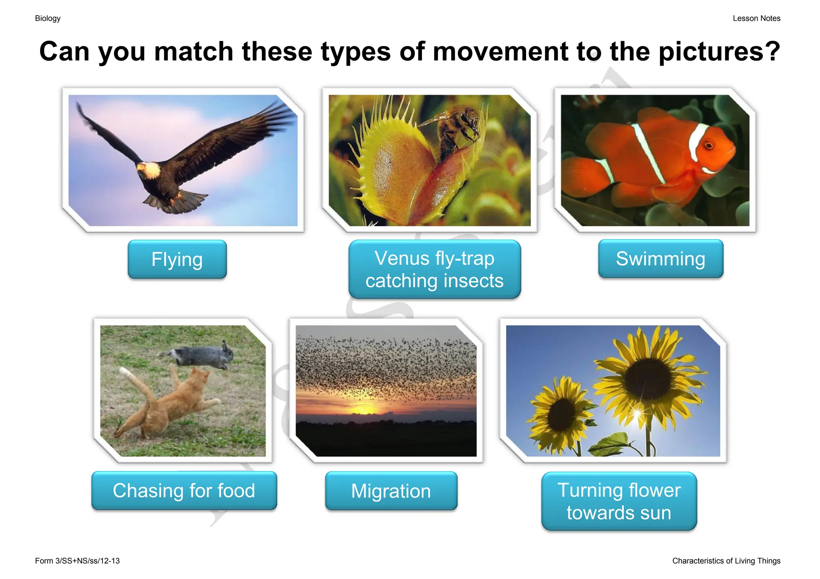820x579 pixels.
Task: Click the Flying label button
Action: pyautogui.click(x=177, y=259)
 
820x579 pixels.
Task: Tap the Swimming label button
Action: pyautogui.click(x=661, y=259)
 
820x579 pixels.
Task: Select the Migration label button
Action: pyautogui.click(x=391, y=491)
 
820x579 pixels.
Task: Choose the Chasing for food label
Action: pyautogui.click(x=184, y=490)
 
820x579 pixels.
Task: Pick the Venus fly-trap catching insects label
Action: pyautogui.click(x=434, y=269)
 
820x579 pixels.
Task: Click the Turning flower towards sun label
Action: pyautogui.click(x=619, y=501)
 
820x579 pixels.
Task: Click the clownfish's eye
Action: pyautogui.click(x=709, y=145)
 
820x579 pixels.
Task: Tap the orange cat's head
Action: pyautogui.click(x=199, y=377)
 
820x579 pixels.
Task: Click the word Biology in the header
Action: pyautogui.click(x=48, y=18)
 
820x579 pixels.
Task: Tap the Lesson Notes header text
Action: pyautogui.click(x=756, y=18)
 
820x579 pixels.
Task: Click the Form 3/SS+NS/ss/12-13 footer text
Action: pyautogui.click(x=77, y=561)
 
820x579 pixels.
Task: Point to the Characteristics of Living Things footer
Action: pyautogui.click(x=726, y=561)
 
